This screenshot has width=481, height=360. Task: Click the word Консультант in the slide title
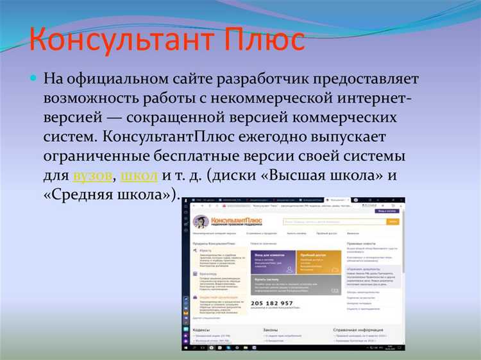coord(110,40)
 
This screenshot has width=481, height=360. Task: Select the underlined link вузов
coord(94,176)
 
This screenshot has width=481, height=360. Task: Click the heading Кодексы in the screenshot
coord(203,330)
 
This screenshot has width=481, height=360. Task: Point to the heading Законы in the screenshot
coord(271,330)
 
